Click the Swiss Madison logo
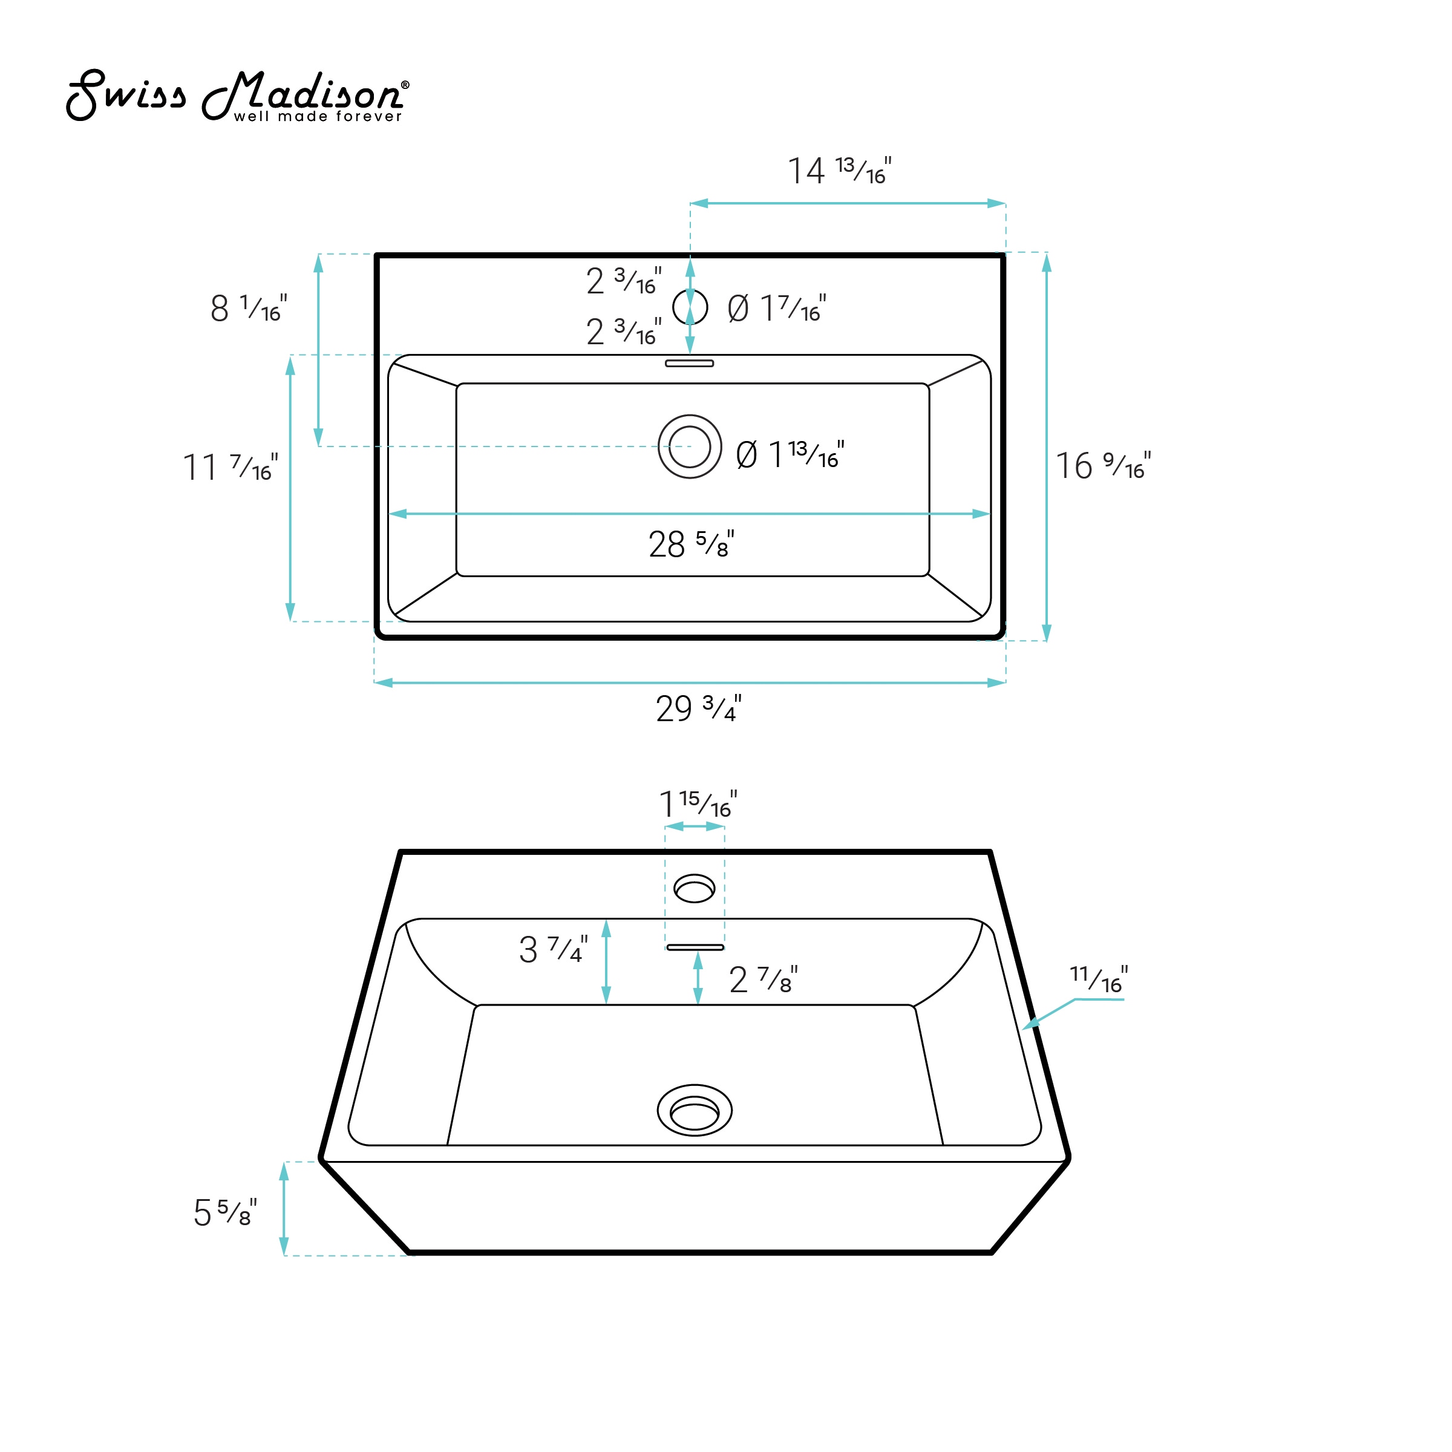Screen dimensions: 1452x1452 238,96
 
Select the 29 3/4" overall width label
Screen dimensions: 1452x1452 698,708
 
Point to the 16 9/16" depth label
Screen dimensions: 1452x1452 1102,466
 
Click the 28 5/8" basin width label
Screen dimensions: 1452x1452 691,544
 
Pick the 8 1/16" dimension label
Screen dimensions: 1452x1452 248,308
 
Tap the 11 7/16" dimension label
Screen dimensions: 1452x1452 230,468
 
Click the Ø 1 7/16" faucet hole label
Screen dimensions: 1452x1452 776,308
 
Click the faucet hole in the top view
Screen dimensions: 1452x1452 690,307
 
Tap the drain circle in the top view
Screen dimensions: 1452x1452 690,446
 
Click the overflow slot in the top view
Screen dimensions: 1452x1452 689,364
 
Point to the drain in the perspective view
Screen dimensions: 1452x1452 695,1110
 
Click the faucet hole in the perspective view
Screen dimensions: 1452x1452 695,888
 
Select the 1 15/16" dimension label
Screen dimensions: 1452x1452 698,804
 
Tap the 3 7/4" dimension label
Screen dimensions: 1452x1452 553,950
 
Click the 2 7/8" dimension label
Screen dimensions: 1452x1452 763,980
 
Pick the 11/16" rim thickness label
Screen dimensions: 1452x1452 1098,980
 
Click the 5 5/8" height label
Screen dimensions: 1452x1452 224,1212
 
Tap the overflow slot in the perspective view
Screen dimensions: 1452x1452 695,947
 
